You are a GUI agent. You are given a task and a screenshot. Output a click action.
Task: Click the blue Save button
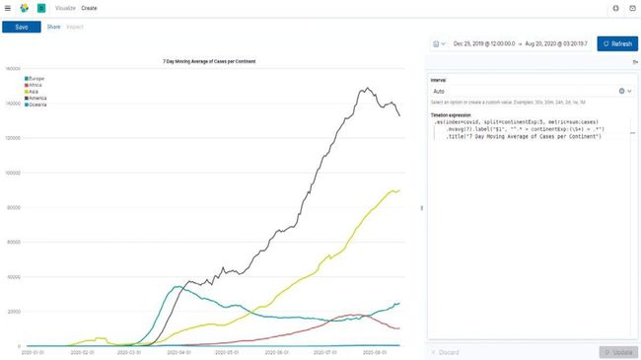(x=21, y=27)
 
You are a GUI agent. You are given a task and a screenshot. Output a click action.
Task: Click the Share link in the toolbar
(x=53, y=27)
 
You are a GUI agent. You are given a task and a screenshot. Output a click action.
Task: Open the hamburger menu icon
(x=8, y=8)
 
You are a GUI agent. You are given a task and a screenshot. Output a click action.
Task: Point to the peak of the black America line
(x=365, y=89)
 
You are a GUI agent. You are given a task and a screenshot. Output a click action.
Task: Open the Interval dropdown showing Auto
(x=531, y=91)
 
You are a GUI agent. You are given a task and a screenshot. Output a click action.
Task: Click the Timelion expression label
(x=453, y=114)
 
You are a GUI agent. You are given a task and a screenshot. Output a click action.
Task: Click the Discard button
(x=447, y=352)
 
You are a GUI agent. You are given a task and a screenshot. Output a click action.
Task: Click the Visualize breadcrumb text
(x=65, y=8)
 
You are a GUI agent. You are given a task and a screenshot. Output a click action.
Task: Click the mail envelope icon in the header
(x=632, y=8)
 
